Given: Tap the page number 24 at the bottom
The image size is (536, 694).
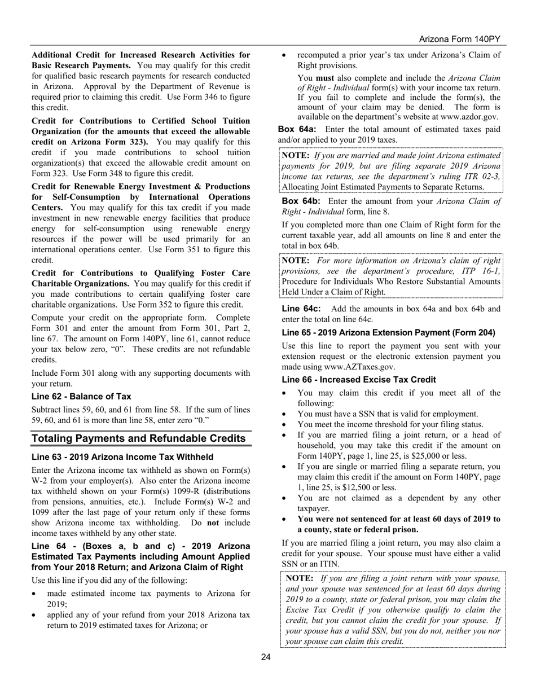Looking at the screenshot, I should tap(266, 657).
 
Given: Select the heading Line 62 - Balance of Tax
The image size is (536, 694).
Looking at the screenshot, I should tap(81, 396).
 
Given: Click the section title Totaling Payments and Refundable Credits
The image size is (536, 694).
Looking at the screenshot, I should tap(139, 438).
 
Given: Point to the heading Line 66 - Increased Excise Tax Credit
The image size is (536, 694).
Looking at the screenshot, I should tap(359, 380).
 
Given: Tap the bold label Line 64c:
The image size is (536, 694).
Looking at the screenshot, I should tap(301, 309).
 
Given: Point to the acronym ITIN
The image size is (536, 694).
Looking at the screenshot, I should tap(330, 564).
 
